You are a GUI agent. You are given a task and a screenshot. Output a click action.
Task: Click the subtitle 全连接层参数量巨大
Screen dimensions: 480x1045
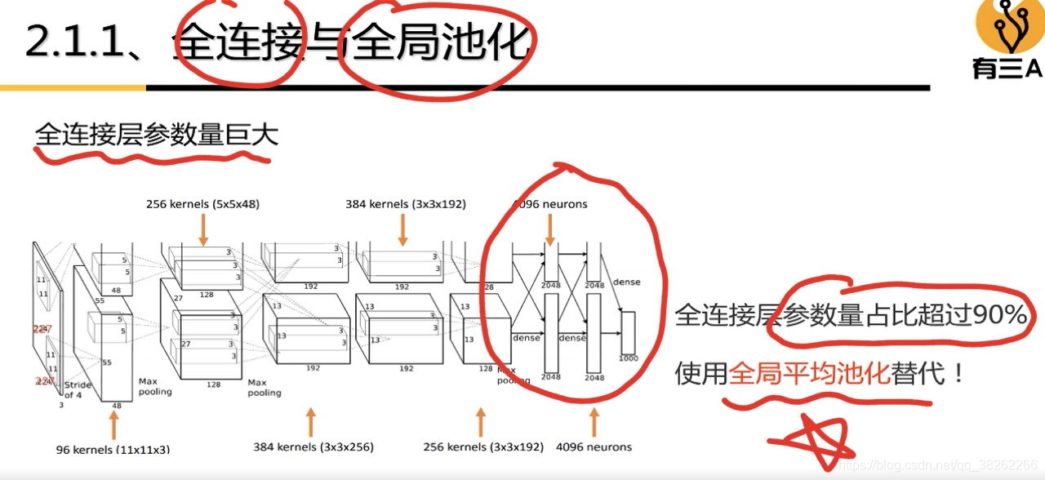point(156,134)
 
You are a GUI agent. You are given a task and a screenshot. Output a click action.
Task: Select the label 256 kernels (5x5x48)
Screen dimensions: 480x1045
point(202,204)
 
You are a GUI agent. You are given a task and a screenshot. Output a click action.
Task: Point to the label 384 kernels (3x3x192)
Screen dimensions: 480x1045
point(405,204)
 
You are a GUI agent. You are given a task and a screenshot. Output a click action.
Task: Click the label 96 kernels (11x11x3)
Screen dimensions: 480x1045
point(113,449)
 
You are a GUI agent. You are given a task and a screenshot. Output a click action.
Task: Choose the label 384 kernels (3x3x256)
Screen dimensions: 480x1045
point(312,447)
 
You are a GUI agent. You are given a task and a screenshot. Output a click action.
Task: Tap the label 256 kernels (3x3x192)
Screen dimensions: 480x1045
point(483,447)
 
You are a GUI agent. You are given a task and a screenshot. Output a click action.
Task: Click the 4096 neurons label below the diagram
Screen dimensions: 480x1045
point(594,447)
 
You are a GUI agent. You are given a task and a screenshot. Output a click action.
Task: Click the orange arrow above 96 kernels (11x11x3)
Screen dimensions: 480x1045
point(113,424)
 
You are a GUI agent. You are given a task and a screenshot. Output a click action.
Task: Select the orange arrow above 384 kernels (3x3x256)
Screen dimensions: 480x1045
point(310,423)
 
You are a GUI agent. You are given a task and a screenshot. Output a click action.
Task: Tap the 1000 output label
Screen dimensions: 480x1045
point(627,358)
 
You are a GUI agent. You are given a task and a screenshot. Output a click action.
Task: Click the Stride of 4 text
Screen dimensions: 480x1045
point(78,389)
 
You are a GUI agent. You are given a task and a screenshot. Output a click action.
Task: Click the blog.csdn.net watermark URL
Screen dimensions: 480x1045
point(938,464)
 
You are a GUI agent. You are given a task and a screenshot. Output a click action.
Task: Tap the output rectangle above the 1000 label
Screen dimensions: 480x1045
point(627,332)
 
